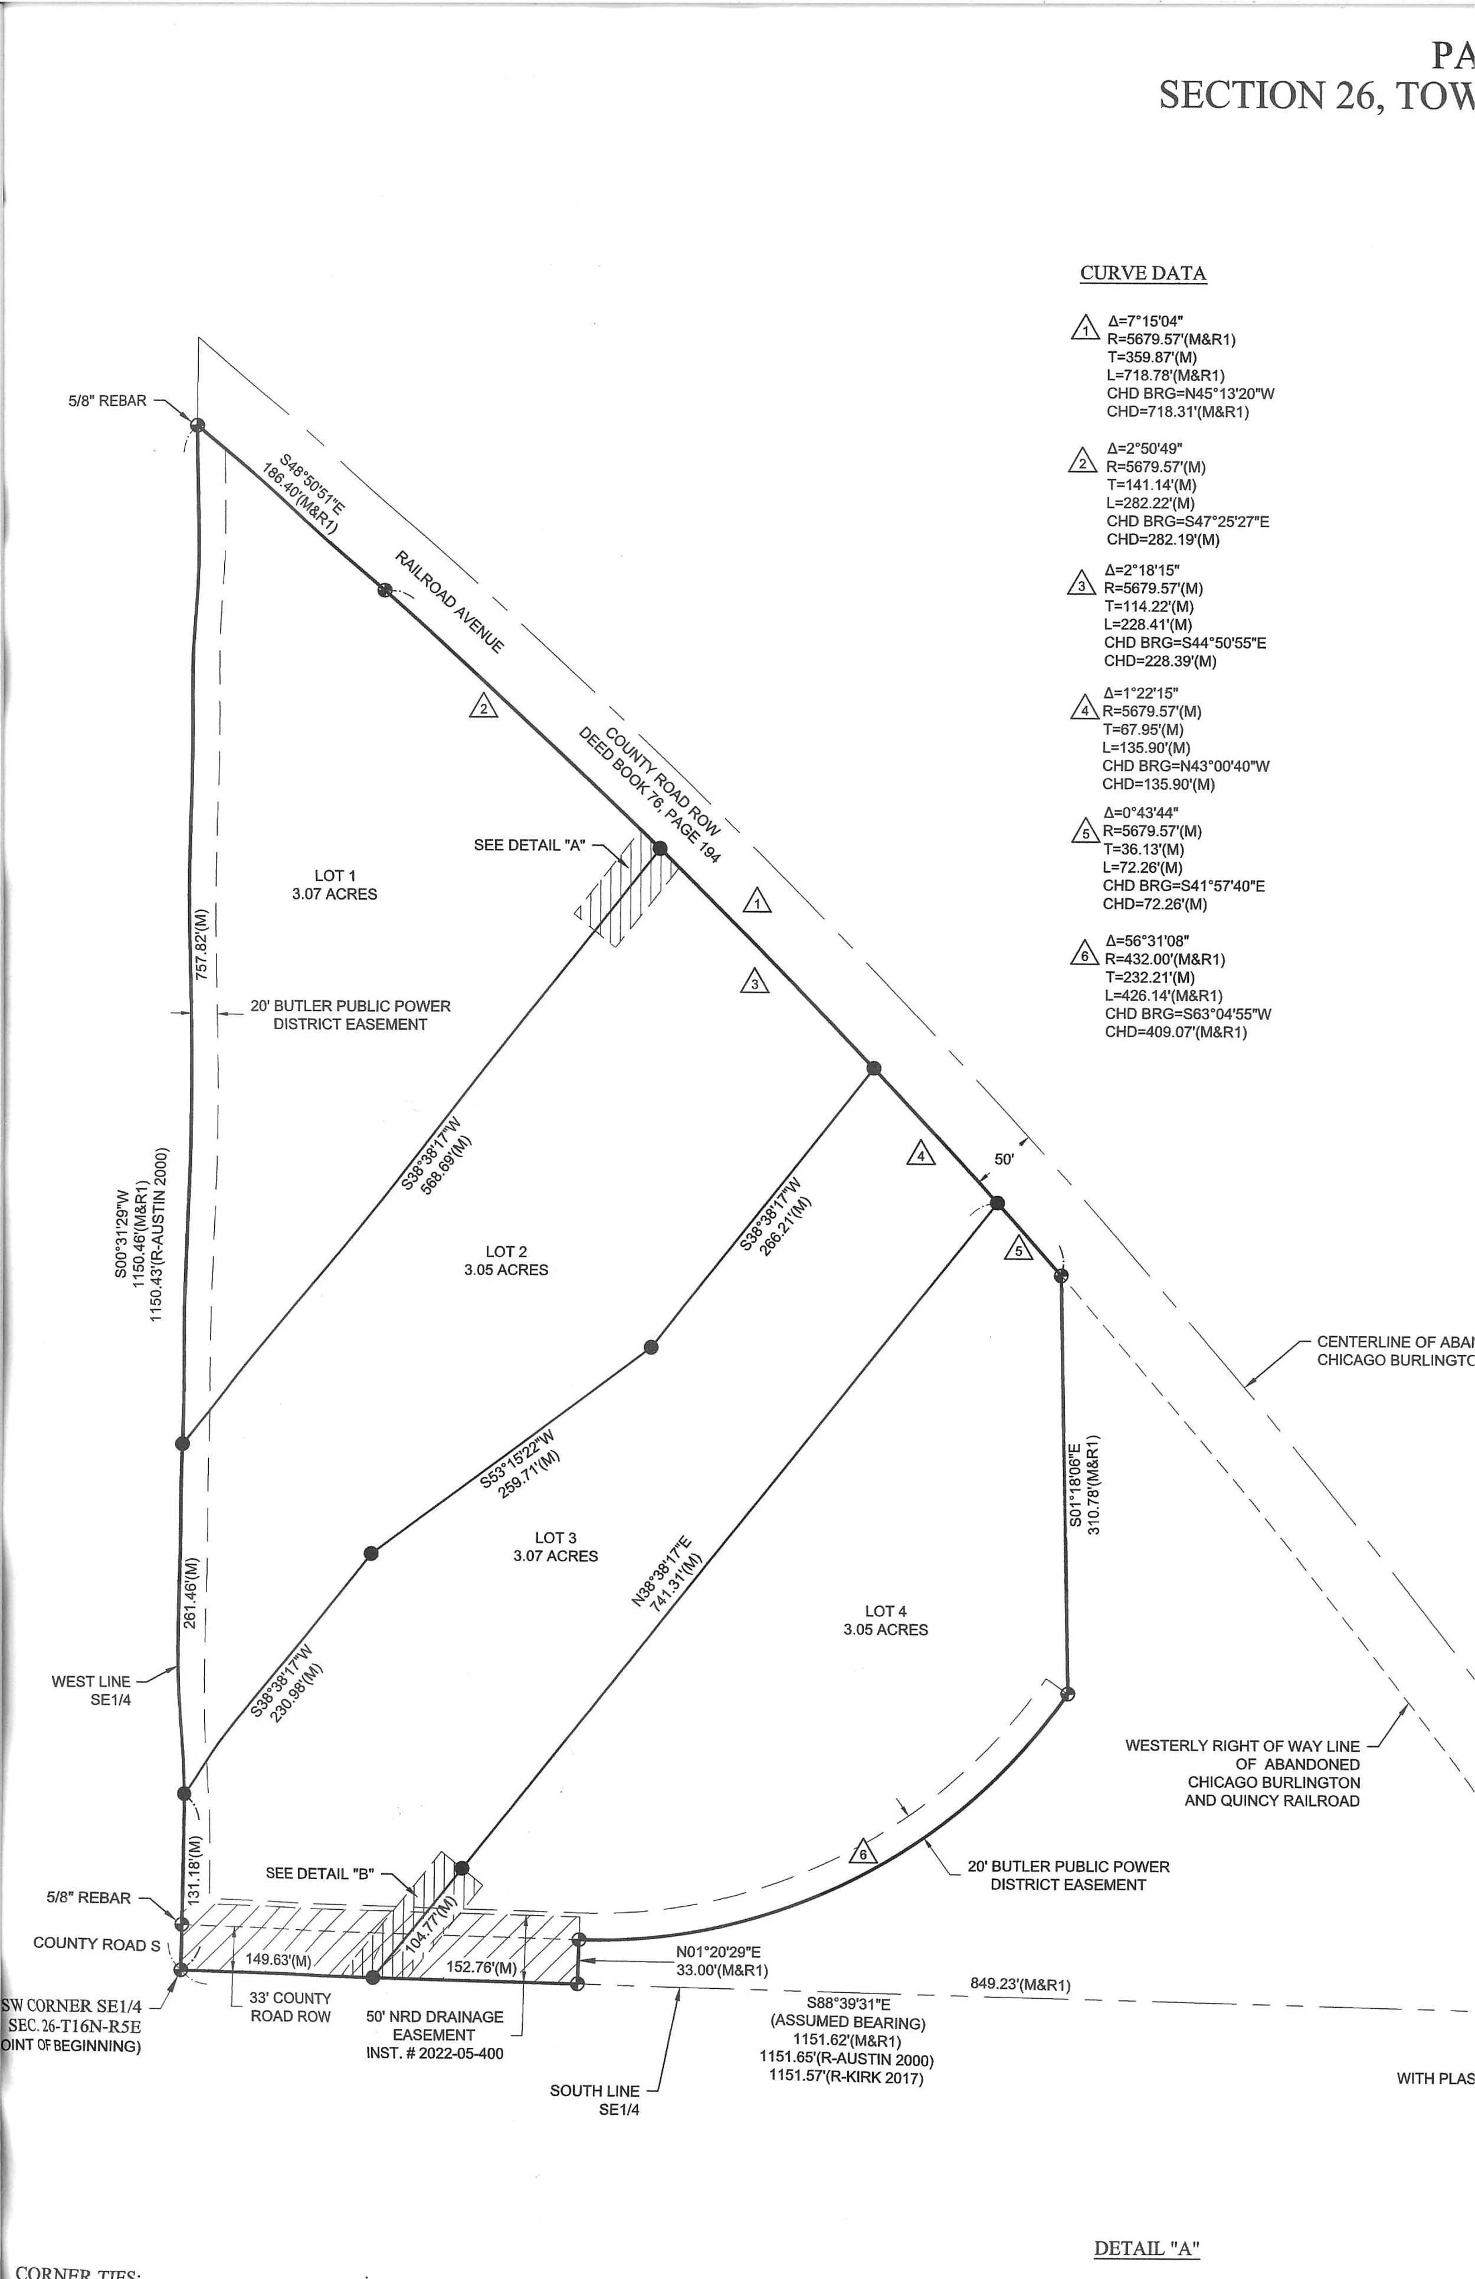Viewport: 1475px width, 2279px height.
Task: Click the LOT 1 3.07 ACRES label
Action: [x=335, y=885]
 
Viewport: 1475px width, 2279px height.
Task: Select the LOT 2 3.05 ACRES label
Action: [x=506, y=1260]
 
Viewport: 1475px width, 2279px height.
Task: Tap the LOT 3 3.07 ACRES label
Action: [x=556, y=1546]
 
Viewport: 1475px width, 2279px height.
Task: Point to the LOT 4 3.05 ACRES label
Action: [x=885, y=1620]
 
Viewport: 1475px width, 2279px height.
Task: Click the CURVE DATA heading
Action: [x=1143, y=273]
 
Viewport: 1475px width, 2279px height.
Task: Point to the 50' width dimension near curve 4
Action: [x=1004, y=1158]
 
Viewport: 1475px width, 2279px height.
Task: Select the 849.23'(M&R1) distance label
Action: [x=1020, y=1985]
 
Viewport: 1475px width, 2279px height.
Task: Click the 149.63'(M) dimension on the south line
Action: [x=278, y=1959]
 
